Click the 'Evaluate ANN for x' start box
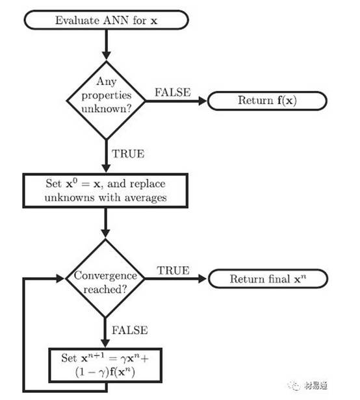tap(106, 20)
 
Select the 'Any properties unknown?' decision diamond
tap(106, 100)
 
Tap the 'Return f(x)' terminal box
tap(267, 101)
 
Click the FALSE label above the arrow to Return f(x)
tap(173, 92)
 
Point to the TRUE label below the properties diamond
tap(128, 153)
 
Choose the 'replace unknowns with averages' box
tap(105, 190)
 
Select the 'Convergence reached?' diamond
tap(105, 279)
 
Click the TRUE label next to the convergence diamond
tap(174, 270)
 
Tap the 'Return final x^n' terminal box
tap(268, 279)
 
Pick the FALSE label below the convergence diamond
tap(130, 330)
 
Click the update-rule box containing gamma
tap(105, 366)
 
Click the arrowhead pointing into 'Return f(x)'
tap(203, 101)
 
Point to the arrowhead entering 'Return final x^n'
tap(202, 279)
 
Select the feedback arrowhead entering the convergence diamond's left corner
tap(60, 279)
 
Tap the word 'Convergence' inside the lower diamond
tap(105, 275)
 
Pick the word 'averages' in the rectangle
tap(145, 198)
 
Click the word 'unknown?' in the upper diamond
tap(106, 109)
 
